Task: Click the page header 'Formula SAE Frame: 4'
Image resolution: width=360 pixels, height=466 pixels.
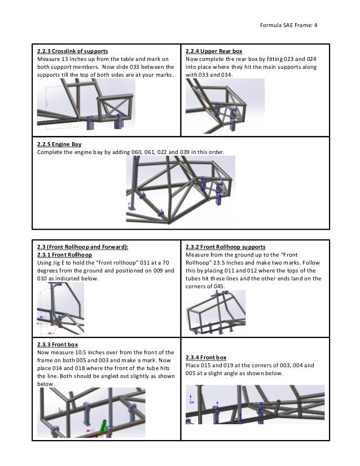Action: pos(288,24)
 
